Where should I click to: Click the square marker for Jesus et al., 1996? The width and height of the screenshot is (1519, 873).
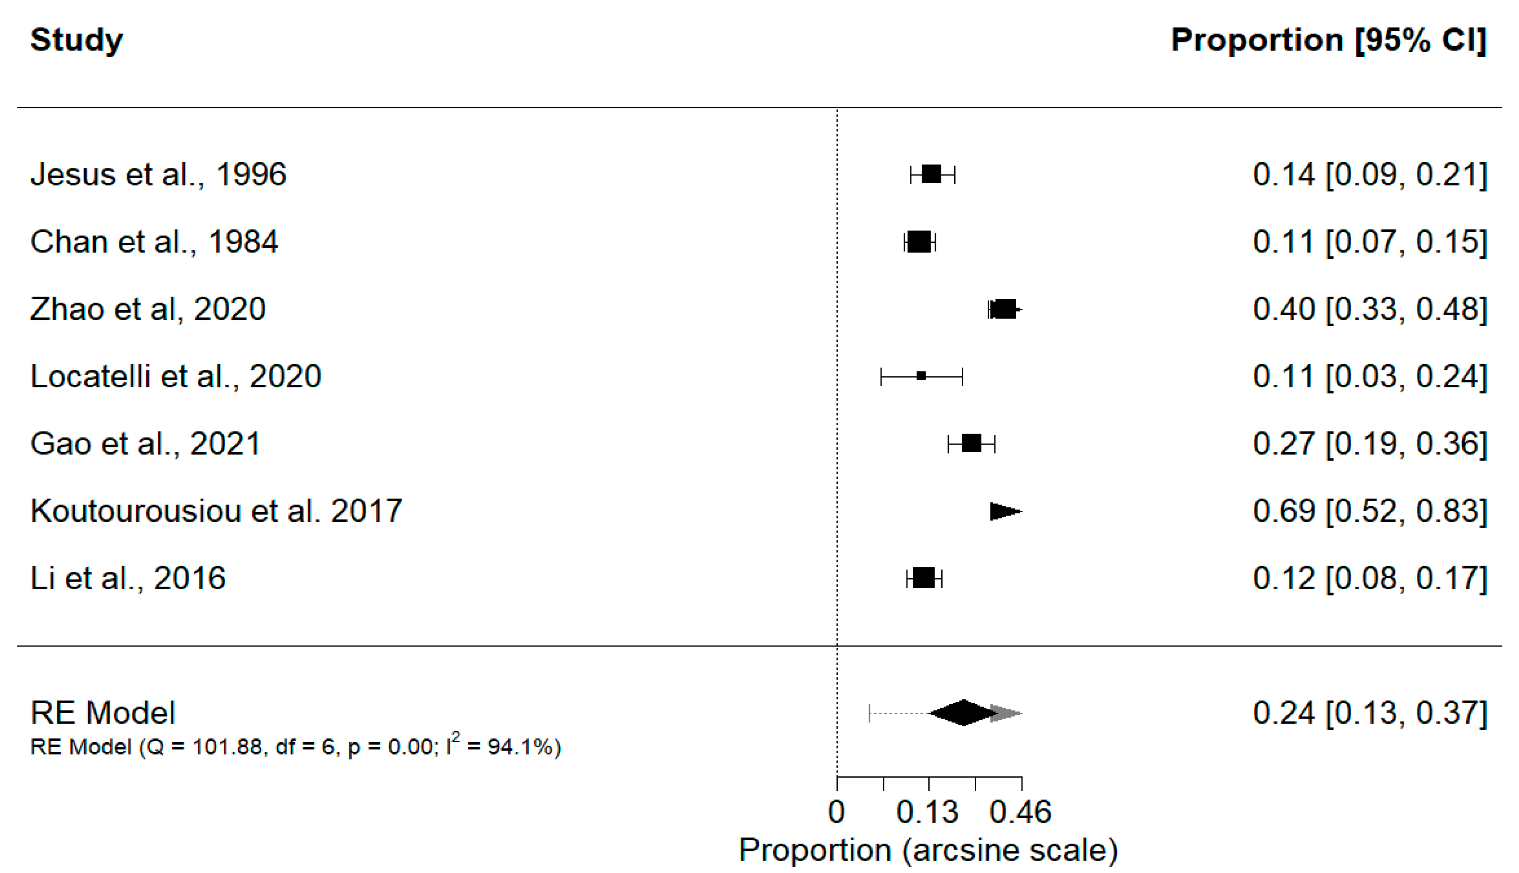[x=932, y=175]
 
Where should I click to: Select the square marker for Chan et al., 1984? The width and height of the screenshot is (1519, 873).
[x=919, y=241]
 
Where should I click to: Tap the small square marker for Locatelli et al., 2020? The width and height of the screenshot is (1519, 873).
[x=921, y=376]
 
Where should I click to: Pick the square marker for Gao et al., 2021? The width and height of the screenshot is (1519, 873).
[x=971, y=443]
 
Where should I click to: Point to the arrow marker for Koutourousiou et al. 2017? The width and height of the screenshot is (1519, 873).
[x=1006, y=511]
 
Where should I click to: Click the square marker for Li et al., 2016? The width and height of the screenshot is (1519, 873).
[x=923, y=578]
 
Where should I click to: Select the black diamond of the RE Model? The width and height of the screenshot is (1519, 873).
[x=963, y=713]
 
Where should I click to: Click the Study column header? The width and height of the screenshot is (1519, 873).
[x=77, y=41]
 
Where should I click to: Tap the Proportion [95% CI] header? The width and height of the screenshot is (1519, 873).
[x=1329, y=41]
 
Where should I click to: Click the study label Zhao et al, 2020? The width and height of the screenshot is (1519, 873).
[x=148, y=309]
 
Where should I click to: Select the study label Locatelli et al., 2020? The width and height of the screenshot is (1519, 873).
[x=176, y=377]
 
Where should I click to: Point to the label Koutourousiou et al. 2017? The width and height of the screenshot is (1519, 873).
[x=216, y=511]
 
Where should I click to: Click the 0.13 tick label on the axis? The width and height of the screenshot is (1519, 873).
[x=927, y=812]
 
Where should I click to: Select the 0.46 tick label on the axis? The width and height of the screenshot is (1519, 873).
[x=1021, y=812]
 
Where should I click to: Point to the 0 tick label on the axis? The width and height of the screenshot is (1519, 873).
[x=837, y=812]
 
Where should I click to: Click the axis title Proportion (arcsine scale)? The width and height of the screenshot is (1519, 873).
[x=928, y=851]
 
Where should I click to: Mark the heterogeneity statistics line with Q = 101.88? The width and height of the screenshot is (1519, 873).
[x=295, y=746]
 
